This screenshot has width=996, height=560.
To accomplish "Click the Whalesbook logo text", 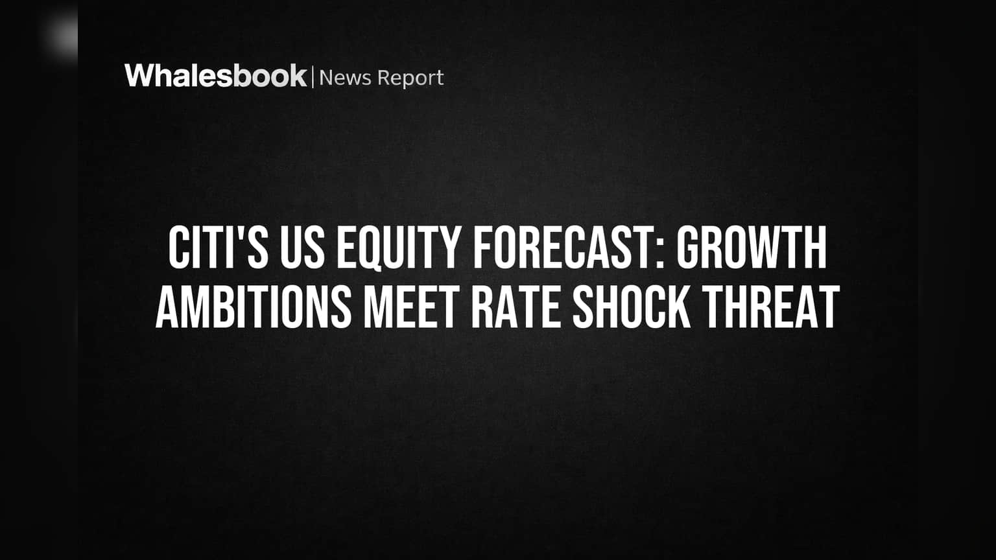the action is click(216, 76).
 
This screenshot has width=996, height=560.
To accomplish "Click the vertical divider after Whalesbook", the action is click(313, 77).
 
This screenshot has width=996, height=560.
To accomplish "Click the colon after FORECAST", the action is click(660, 254).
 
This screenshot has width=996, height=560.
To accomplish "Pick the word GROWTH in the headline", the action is click(752, 248).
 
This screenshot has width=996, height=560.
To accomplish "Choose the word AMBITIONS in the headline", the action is click(254, 307).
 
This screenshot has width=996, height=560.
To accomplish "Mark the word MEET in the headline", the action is click(412, 307).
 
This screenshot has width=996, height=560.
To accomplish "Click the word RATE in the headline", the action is click(516, 307).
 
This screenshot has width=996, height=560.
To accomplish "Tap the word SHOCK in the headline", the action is click(632, 307).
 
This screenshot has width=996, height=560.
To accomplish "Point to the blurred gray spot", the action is click(61, 36).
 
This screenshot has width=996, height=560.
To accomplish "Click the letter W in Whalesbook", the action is click(139, 76).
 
